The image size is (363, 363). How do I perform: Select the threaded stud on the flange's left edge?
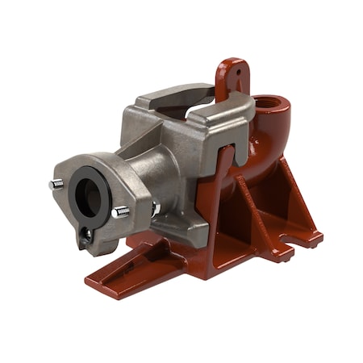[x=56, y=185]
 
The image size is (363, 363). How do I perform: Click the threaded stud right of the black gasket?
[x=120, y=212]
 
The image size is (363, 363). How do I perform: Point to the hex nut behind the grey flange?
[x=156, y=209]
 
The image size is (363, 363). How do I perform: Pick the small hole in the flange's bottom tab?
[x=85, y=235]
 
